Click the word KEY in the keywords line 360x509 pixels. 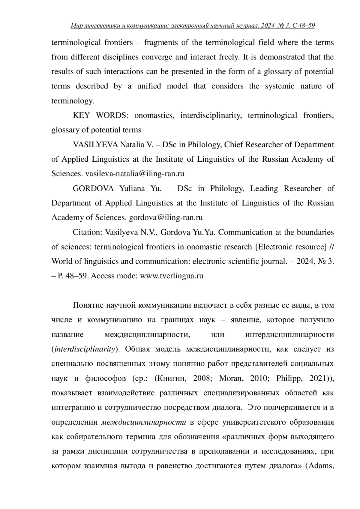click(81, 115)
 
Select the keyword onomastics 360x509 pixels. click(154, 115)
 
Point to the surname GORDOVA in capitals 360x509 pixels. click(93, 188)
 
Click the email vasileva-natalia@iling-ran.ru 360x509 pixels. click(135, 174)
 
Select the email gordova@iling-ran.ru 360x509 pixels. click(166, 217)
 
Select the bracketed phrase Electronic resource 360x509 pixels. click(291, 247)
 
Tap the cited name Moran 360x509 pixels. click(230, 378)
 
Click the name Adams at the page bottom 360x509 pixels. click(321, 466)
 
